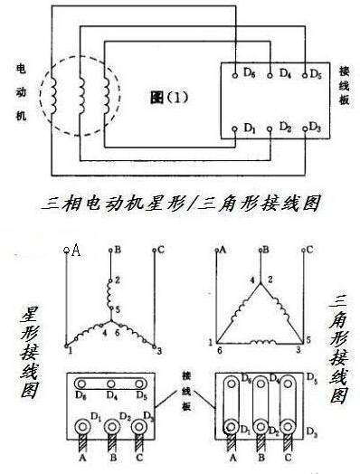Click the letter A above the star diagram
pos(76,251)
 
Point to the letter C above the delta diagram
pos(309,249)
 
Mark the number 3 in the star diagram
pos(158,348)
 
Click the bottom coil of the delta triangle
pos(264,342)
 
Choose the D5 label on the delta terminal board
pos(312,375)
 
